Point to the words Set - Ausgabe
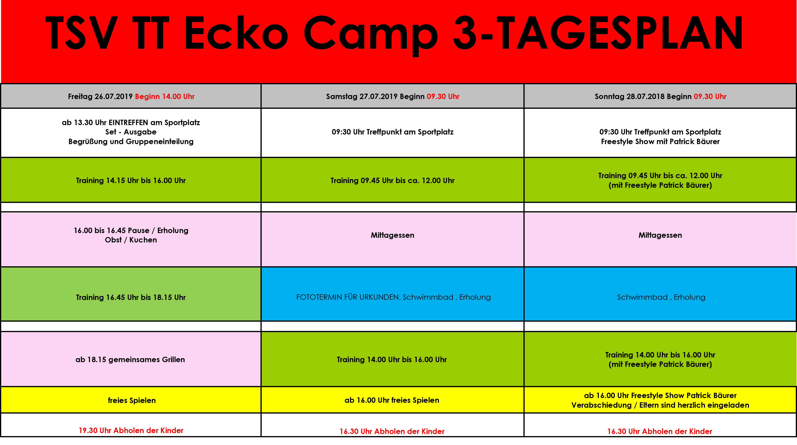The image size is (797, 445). pyautogui.click(x=131, y=132)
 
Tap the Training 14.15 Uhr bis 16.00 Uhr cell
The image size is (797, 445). pyautogui.click(x=131, y=180)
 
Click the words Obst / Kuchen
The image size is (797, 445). pyautogui.click(x=131, y=240)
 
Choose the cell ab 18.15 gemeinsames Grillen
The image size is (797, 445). pyautogui.click(x=131, y=359)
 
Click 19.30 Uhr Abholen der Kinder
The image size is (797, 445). pyautogui.click(x=131, y=430)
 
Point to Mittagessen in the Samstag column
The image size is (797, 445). pyautogui.click(x=392, y=235)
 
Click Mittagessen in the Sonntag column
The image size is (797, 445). pyautogui.click(x=660, y=235)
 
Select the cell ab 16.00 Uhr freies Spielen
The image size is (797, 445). pyautogui.click(x=393, y=400)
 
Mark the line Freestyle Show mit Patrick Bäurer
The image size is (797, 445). pyautogui.click(x=660, y=142)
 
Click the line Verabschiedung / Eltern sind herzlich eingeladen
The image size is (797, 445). pyautogui.click(x=660, y=405)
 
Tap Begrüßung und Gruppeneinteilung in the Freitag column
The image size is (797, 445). pyautogui.click(x=131, y=142)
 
